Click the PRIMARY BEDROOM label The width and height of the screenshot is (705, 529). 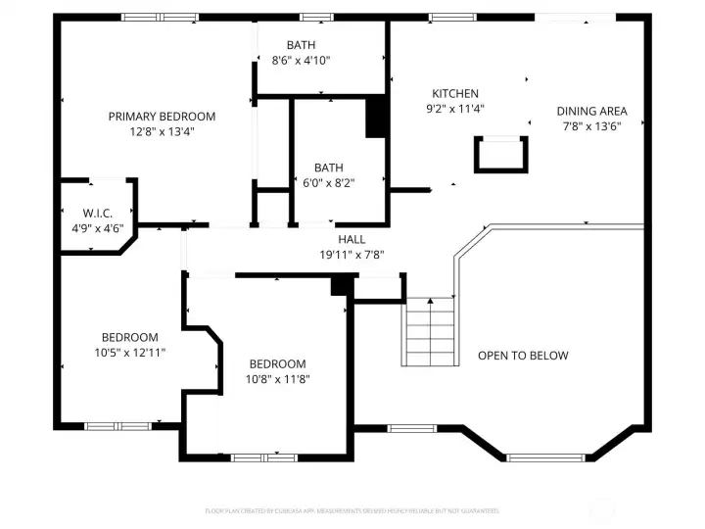(x=162, y=117)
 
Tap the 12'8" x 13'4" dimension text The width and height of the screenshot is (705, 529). (x=162, y=131)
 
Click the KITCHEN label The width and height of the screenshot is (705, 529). (x=455, y=94)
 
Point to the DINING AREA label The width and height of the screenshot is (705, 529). (x=592, y=112)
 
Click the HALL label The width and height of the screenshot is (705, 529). (x=352, y=239)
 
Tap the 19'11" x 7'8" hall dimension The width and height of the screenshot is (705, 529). (x=352, y=255)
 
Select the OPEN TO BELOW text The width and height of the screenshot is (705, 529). (x=523, y=356)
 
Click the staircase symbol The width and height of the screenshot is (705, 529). (x=430, y=330)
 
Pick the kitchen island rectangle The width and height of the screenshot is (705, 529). (x=500, y=154)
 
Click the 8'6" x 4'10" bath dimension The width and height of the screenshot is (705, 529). (x=301, y=61)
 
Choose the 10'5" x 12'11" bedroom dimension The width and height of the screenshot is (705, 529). (x=130, y=352)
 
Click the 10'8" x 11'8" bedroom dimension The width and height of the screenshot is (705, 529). (x=277, y=379)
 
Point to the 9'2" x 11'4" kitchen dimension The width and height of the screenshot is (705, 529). (x=455, y=110)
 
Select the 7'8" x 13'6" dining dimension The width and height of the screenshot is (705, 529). (x=592, y=126)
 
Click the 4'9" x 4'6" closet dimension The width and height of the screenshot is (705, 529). (x=98, y=229)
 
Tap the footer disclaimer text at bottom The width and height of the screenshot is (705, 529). (x=352, y=510)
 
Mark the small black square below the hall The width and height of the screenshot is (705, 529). (x=342, y=285)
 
